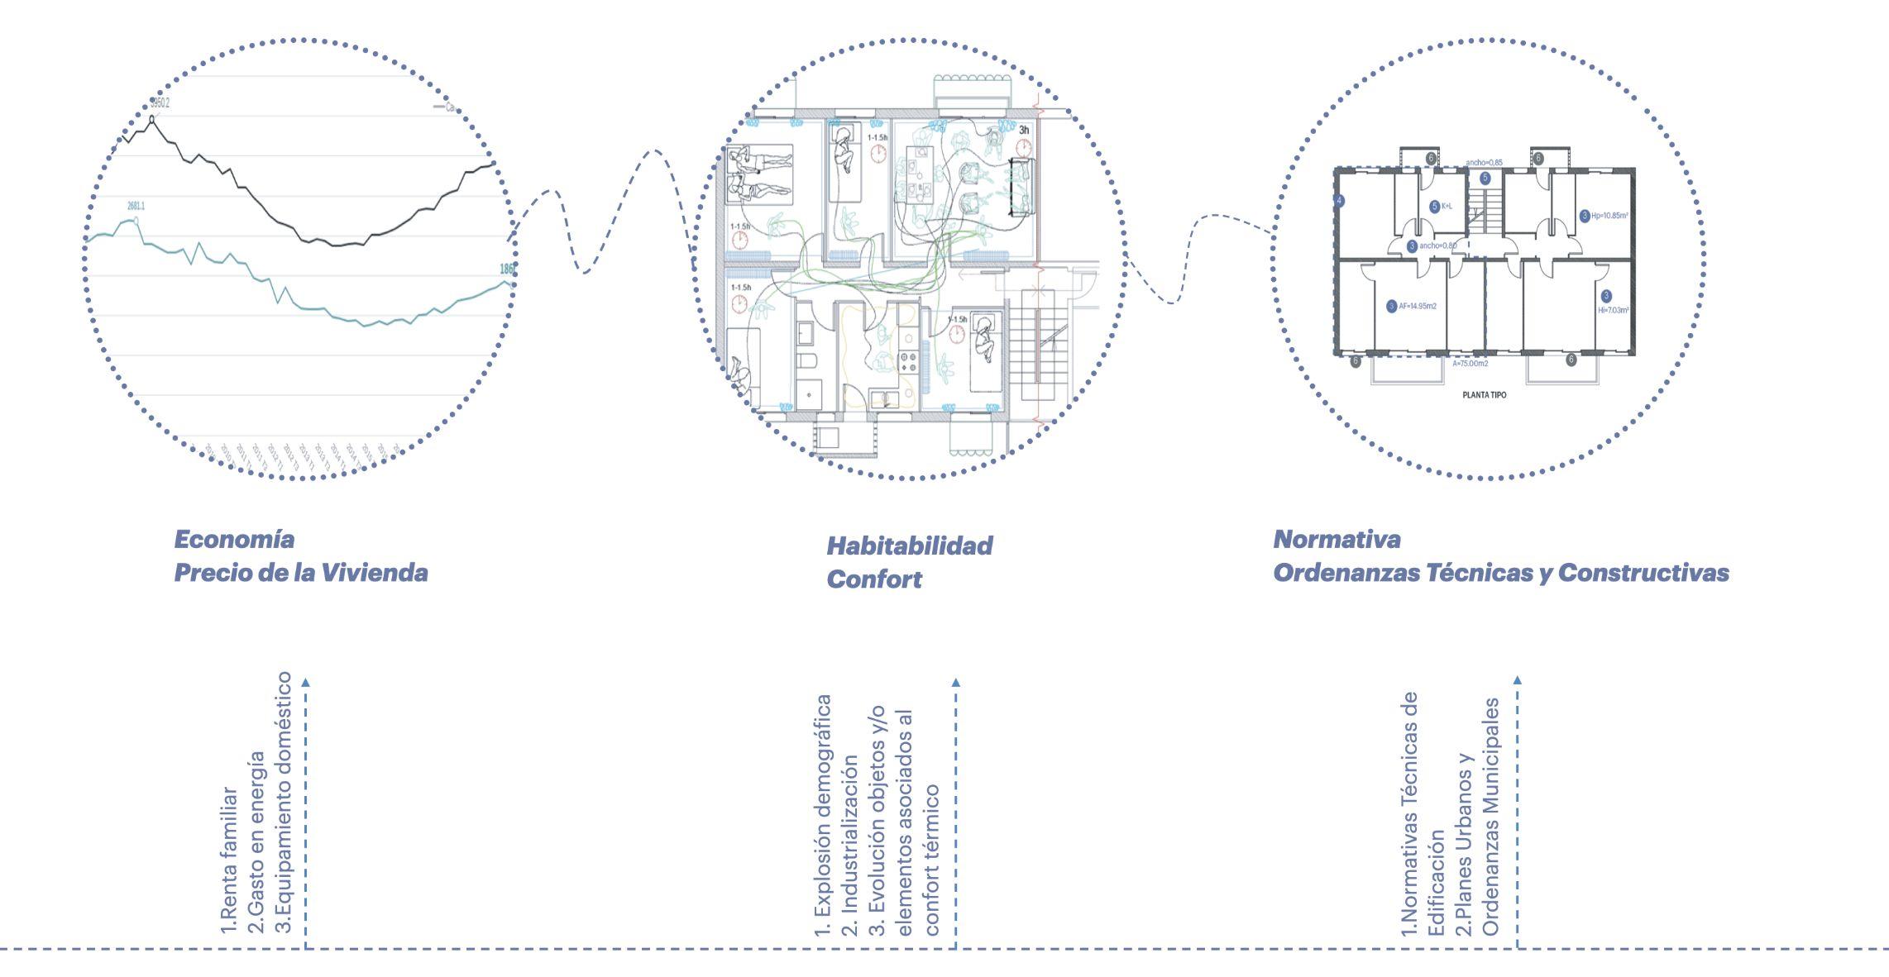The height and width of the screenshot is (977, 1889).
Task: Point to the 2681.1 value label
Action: (x=136, y=207)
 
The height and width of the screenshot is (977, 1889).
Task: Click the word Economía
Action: (x=234, y=540)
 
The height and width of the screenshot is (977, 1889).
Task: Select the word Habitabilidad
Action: (x=909, y=546)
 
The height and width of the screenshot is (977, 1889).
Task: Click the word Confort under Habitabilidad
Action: (x=873, y=579)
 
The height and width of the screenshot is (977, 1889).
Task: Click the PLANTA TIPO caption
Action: (x=1485, y=395)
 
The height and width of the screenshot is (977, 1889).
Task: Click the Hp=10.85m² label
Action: (x=1609, y=216)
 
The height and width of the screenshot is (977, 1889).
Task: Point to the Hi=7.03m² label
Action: (x=1614, y=311)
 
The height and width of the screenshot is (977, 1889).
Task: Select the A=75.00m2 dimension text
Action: (x=1471, y=363)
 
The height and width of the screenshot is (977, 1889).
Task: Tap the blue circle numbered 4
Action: (x=1339, y=201)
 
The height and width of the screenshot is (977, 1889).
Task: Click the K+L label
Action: (x=1447, y=207)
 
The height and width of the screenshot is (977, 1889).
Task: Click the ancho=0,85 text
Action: (x=1484, y=163)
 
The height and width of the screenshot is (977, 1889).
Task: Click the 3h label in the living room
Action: (x=1024, y=130)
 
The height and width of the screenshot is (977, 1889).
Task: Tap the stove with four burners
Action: (x=908, y=360)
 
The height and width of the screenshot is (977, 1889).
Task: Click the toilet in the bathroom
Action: (x=808, y=360)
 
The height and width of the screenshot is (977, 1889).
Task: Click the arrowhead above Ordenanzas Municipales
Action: (x=1517, y=680)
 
